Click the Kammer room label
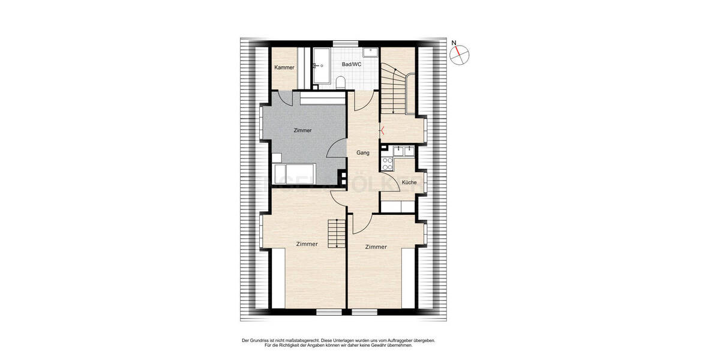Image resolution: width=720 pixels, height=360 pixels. pyautogui.click(x=284, y=67)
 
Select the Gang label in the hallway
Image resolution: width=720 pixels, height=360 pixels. pyautogui.click(x=362, y=153)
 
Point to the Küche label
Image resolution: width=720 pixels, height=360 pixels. pyautogui.click(x=409, y=182)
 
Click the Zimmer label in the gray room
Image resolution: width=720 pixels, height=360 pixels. pyautogui.click(x=303, y=130)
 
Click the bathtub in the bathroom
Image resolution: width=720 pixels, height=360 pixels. pyautogui.click(x=320, y=65)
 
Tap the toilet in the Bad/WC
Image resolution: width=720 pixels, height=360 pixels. pyautogui.click(x=340, y=82)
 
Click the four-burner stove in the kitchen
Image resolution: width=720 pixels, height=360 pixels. pyautogui.click(x=387, y=162)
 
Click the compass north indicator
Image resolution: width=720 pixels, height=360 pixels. pyautogui.click(x=460, y=55)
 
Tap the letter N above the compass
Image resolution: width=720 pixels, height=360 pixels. pyautogui.click(x=454, y=43)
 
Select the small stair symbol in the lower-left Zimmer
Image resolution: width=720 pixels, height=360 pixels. pyautogui.click(x=337, y=234)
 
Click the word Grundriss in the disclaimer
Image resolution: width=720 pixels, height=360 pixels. pyautogui.click(x=260, y=340)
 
